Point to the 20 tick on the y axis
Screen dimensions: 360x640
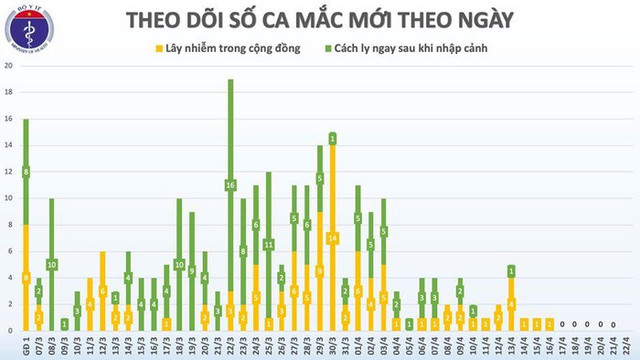pos(8,65)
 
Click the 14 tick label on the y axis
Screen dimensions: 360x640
pos(8,145)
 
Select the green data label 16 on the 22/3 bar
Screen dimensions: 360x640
pos(230,185)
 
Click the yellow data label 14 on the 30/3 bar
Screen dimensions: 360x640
pos(332,237)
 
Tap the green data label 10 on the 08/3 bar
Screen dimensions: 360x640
pos(51,264)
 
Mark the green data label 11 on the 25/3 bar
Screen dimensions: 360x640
pos(268,244)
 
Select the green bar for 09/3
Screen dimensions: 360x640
pos(64,324)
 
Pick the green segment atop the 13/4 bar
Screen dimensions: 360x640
pos(511,271)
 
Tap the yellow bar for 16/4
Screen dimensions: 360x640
pos(549,324)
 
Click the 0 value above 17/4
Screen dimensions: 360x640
pos(562,324)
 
